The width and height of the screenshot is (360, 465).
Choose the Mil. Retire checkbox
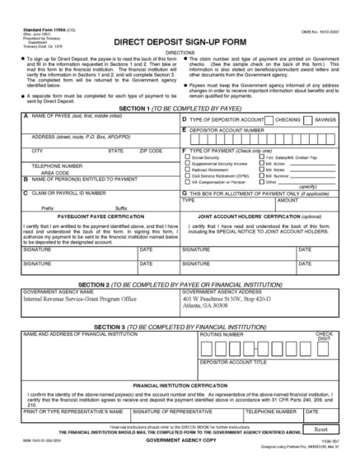(x=261, y=170)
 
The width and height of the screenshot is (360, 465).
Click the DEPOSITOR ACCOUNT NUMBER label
(x=228, y=129)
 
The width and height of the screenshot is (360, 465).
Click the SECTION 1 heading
(x=180, y=109)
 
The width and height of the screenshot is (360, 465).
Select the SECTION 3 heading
(x=180, y=327)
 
